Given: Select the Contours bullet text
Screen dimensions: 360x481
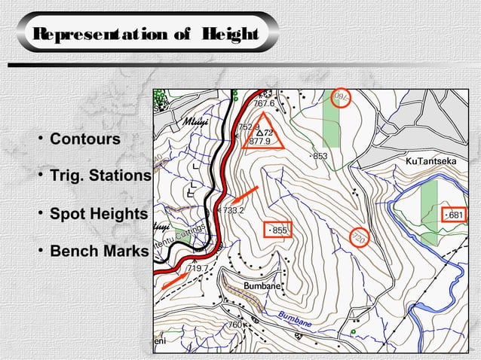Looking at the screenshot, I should click(84, 140).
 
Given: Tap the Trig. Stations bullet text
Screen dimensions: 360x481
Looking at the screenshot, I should click(100, 176).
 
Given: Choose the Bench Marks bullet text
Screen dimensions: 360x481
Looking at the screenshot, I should click(94, 251).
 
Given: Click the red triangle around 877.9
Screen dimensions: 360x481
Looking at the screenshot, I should click(263, 136).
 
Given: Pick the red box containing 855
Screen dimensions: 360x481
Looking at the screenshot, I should click(276, 229).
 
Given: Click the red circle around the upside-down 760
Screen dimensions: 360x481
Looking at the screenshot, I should click(341, 98).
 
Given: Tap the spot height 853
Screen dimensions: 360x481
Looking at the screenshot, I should click(320, 156).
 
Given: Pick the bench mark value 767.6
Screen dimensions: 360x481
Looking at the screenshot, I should click(264, 104).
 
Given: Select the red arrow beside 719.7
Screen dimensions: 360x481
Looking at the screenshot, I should click(174, 279).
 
